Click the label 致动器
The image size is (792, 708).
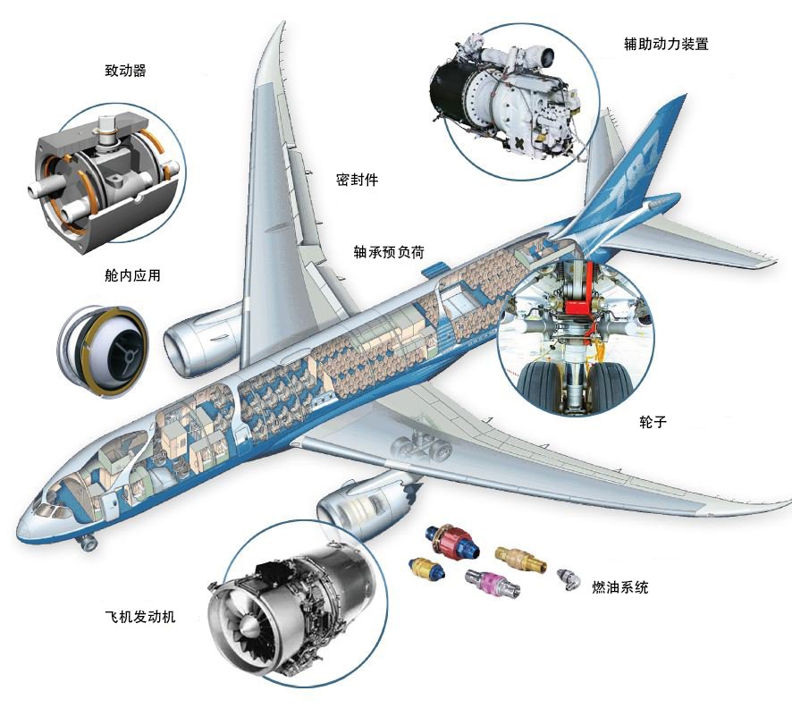click(x=125, y=71)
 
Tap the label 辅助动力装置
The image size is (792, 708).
click(x=666, y=44)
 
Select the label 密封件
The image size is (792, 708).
click(x=357, y=180)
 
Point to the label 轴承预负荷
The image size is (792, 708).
click(x=389, y=252)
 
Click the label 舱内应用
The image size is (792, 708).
click(x=132, y=275)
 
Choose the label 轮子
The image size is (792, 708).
click(x=653, y=422)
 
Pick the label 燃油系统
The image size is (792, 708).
click(x=620, y=586)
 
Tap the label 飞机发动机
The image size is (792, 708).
click(x=140, y=617)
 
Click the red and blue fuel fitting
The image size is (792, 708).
click(x=451, y=541)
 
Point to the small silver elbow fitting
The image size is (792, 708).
click(x=569, y=578)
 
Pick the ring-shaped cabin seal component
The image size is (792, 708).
click(x=103, y=350)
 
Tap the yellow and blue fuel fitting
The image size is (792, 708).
click(x=426, y=569)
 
